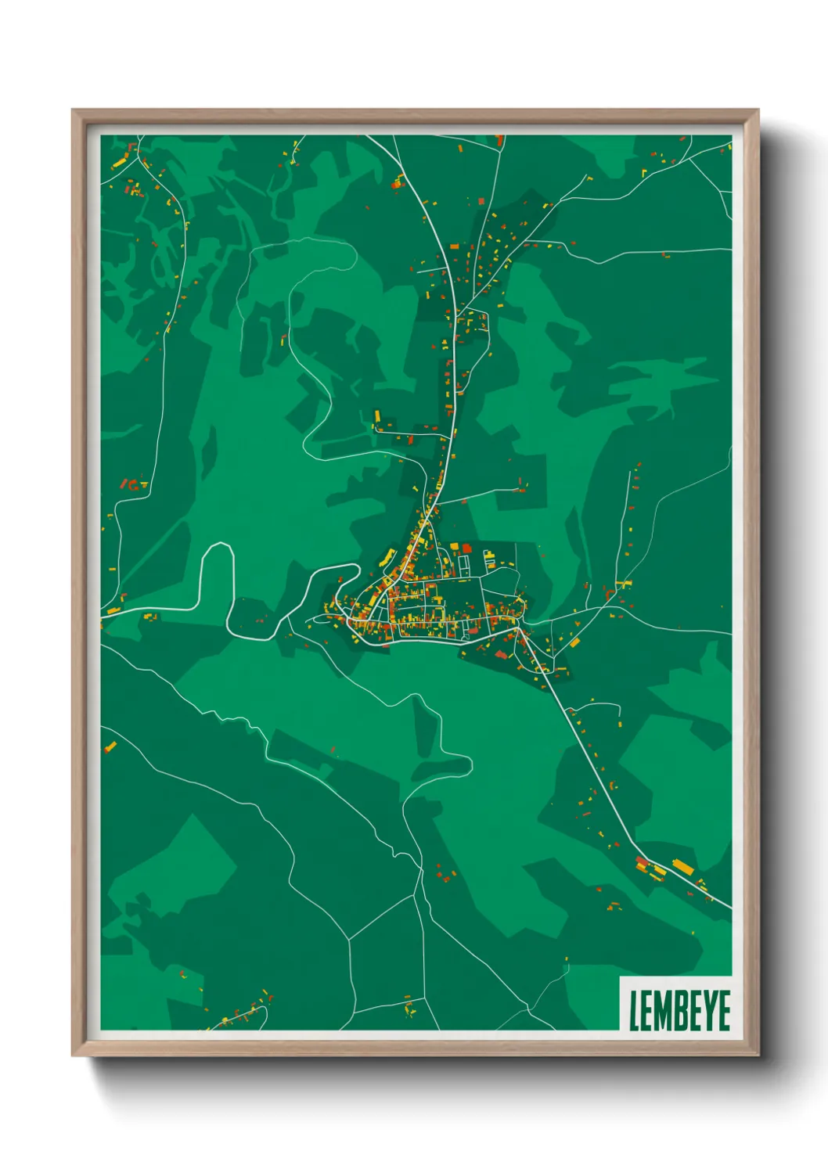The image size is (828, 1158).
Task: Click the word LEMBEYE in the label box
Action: click(x=679, y=1010)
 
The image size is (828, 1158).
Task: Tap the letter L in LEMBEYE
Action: click(x=634, y=1011)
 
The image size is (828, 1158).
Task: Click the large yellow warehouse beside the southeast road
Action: click(x=683, y=866)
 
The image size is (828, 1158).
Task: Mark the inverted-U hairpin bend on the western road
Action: click(x=218, y=548)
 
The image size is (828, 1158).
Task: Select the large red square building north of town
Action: click(x=467, y=548)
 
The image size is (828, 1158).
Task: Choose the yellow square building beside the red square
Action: click(x=455, y=547)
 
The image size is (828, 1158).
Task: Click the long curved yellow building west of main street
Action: click(x=387, y=556)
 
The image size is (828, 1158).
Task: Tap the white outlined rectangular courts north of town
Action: click(x=463, y=563)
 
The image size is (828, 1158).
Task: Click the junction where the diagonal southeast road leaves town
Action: click(x=518, y=628)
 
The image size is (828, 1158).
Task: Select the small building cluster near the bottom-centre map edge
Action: click(x=409, y=1008)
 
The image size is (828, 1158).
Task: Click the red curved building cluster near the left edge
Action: click(x=133, y=485)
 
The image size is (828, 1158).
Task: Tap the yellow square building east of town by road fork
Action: click(x=575, y=642)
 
